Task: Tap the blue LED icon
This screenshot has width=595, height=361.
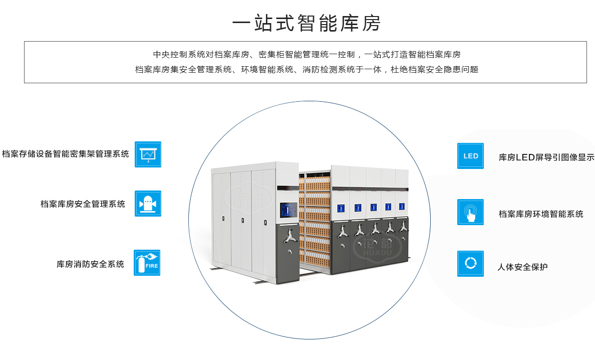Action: click(x=470, y=156)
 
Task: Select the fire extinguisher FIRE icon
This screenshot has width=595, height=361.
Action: click(x=147, y=263)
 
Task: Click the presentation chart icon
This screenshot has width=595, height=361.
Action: click(x=148, y=154)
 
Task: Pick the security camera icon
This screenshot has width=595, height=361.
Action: click(x=148, y=204)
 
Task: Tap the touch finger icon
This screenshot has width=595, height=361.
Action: click(x=470, y=212)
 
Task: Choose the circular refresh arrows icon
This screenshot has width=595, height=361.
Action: click(x=470, y=264)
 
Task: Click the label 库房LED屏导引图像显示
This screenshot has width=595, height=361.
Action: click(x=546, y=157)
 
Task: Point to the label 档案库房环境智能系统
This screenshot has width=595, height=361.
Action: click(x=541, y=214)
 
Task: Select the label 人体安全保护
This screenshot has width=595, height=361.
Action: click(x=522, y=267)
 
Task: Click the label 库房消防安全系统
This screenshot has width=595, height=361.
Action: click(x=90, y=264)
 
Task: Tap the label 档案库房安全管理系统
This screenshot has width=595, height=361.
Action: click(x=83, y=204)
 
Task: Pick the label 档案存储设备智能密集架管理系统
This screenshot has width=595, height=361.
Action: click(x=65, y=154)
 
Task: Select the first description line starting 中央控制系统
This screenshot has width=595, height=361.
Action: click(x=307, y=54)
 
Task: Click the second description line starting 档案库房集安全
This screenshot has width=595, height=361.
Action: click(x=307, y=70)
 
